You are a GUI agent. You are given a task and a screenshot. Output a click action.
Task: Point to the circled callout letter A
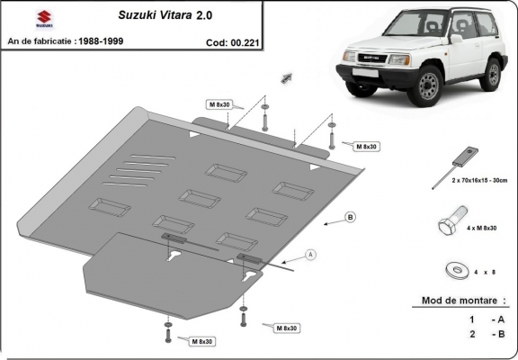tap(311, 255)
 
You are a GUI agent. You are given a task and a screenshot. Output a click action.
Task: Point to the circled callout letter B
tap(350, 217)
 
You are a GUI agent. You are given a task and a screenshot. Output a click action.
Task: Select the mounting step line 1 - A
tap(484, 319)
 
